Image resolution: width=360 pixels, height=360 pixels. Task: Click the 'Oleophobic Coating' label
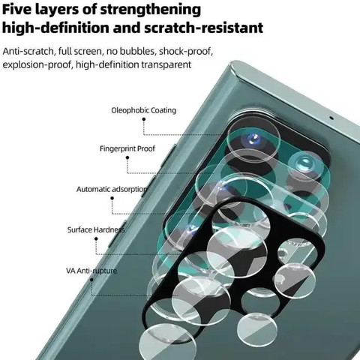pyautogui.click(x=144, y=110)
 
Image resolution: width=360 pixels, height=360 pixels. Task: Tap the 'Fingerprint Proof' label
pyautogui.click(x=127, y=148)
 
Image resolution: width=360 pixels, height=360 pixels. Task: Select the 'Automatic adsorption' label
pyautogui.click(x=112, y=190)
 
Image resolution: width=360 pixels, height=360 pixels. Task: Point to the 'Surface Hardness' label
pyautogui.click(x=96, y=229)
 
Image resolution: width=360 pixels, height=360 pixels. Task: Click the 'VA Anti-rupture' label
pyautogui.click(x=91, y=271)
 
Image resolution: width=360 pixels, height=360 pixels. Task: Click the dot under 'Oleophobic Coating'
pyautogui.click(x=144, y=119)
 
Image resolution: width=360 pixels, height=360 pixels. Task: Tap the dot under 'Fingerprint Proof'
pyautogui.click(x=127, y=157)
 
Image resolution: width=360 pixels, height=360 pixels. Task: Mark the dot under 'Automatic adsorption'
pyautogui.click(x=112, y=198)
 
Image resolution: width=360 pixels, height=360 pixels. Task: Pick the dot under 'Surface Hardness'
pyautogui.click(x=96, y=238)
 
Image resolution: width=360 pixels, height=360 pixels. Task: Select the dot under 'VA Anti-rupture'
pyautogui.click(x=91, y=280)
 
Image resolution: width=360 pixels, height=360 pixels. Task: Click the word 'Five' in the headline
pyautogui.click(x=16, y=10)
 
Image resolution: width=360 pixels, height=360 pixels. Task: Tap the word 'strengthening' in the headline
pyautogui.click(x=150, y=10)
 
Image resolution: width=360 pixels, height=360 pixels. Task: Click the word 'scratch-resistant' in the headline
pyautogui.click(x=204, y=28)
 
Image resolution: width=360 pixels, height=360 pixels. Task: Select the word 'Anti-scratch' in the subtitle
pyautogui.click(x=28, y=51)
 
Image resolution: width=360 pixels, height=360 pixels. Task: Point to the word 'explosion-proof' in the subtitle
pyautogui.click(x=37, y=65)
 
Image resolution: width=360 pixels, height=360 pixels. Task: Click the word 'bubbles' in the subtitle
pyautogui.click(x=137, y=51)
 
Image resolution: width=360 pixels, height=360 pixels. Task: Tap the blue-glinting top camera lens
pyautogui.click(x=253, y=139)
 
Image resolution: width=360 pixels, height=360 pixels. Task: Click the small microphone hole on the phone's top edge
pyautogui.click(x=331, y=118)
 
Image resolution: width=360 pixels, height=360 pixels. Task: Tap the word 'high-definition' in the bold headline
pyautogui.click(x=56, y=28)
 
